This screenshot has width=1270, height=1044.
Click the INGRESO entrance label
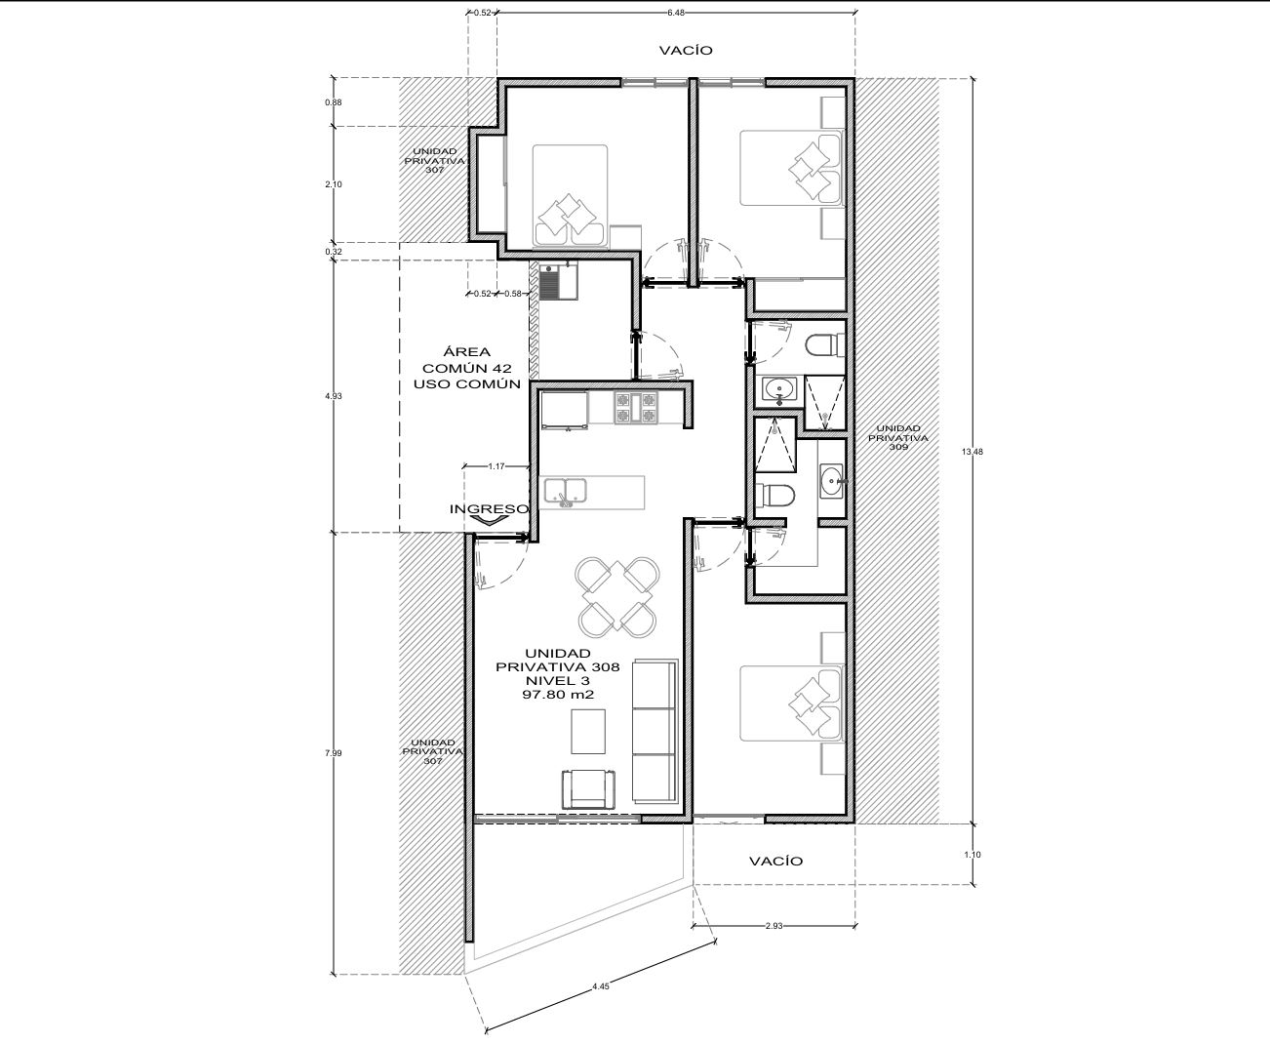pyautogui.click(x=489, y=509)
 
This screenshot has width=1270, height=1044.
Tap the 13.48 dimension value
pyautogui.click(x=972, y=451)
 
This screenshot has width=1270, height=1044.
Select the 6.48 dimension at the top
pyautogui.click(x=676, y=12)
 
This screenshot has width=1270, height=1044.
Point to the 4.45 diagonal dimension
pyautogui.click(x=601, y=986)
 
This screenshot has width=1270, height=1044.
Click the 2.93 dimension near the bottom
pyautogui.click(x=774, y=926)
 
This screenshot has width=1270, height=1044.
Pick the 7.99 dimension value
pyautogui.click(x=333, y=753)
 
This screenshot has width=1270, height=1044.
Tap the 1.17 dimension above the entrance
pyautogui.click(x=496, y=465)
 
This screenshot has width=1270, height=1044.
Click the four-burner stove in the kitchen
pyautogui.click(x=635, y=407)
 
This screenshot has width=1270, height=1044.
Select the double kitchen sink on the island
pyautogui.click(x=566, y=491)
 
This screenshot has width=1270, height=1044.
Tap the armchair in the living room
pyautogui.click(x=588, y=789)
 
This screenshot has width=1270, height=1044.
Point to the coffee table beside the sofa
pyautogui.click(x=588, y=732)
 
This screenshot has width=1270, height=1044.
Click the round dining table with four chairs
pyautogui.click(x=617, y=597)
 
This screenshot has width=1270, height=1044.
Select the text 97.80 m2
pyautogui.click(x=558, y=695)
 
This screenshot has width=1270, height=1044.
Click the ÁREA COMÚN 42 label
pyautogui.click(x=466, y=360)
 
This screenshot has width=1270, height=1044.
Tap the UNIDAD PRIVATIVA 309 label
pyautogui.click(x=897, y=437)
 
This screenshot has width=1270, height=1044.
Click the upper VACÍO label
pyautogui.click(x=686, y=50)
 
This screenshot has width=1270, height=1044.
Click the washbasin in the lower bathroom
pyautogui.click(x=831, y=481)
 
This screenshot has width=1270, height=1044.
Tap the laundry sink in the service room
pyautogui.click(x=558, y=281)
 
